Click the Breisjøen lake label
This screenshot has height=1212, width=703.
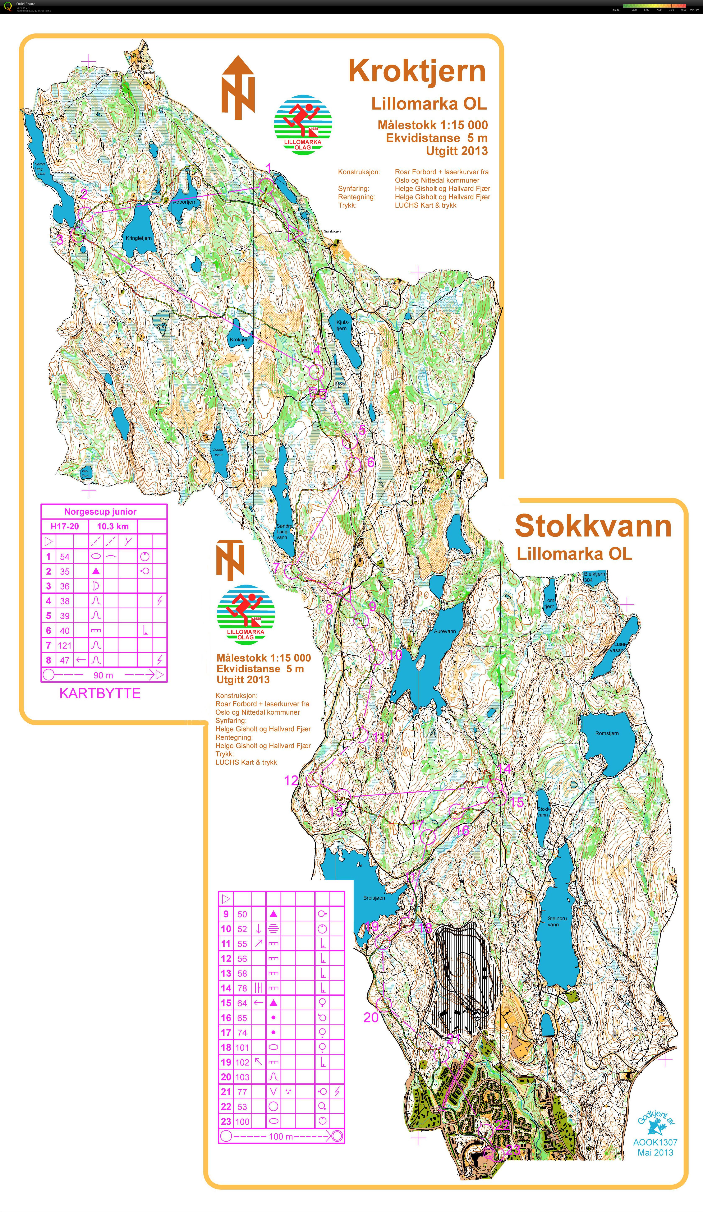coord(374,898)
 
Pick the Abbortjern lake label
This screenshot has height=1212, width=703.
coord(185,202)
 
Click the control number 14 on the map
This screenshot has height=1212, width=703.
coord(504,769)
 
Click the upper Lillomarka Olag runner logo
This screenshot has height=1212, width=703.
coord(303,124)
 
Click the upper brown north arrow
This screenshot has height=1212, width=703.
coord(238,88)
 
